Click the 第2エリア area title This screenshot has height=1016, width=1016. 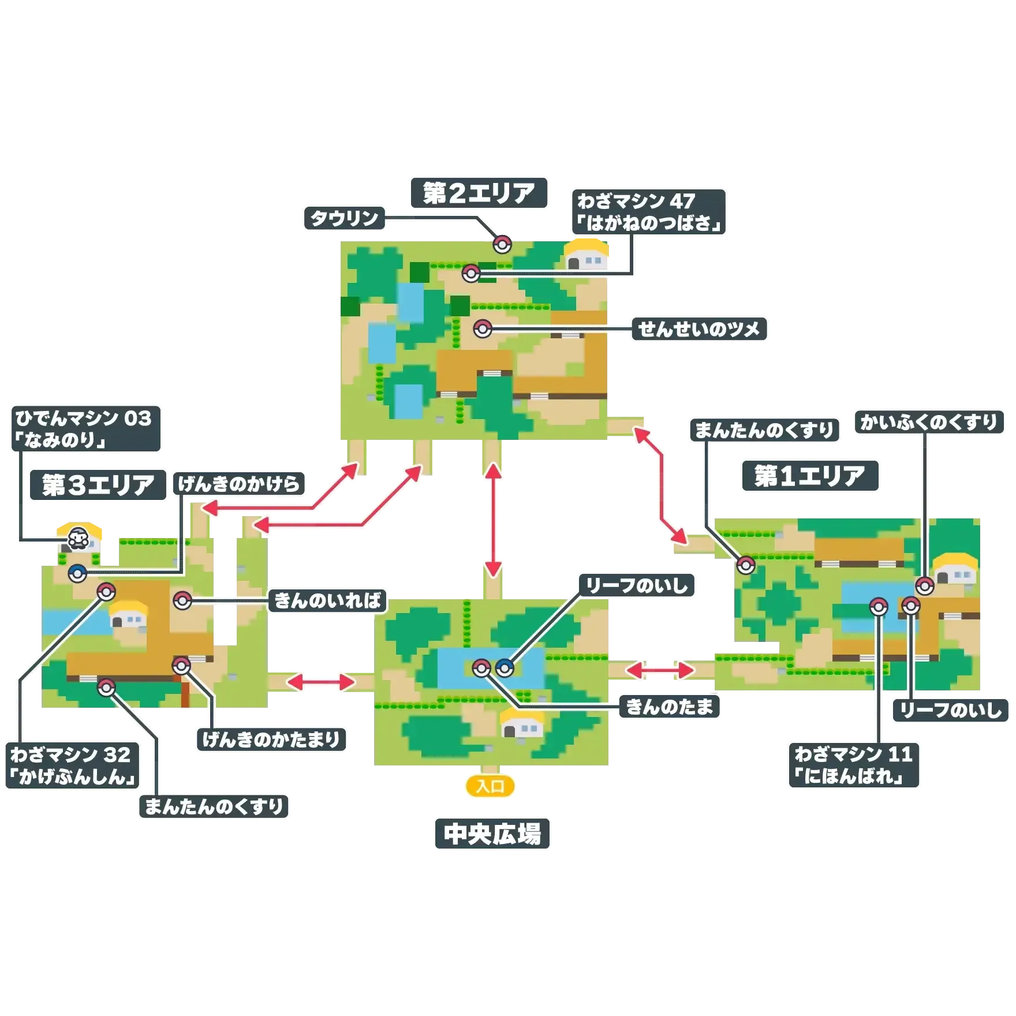(x=479, y=193)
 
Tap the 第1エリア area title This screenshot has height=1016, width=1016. (x=809, y=476)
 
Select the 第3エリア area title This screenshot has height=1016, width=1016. (x=98, y=485)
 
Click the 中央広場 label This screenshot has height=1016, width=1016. (x=492, y=834)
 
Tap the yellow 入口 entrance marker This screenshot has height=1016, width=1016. (x=490, y=786)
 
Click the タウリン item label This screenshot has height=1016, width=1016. (x=344, y=218)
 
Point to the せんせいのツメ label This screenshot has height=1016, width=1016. (x=698, y=330)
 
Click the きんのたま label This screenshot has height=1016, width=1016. (x=670, y=706)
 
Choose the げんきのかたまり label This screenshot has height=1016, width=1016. (x=271, y=739)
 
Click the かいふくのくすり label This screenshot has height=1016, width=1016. (x=928, y=423)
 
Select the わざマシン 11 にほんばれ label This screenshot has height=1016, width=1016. (x=853, y=765)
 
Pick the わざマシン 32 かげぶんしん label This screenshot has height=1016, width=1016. (x=72, y=765)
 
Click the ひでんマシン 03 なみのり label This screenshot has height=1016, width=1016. (x=85, y=428)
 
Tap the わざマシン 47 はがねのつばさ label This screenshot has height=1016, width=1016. (x=649, y=212)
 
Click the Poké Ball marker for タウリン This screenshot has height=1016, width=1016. (x=502, y=244)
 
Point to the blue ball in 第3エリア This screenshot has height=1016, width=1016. (x=77, y=573)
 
